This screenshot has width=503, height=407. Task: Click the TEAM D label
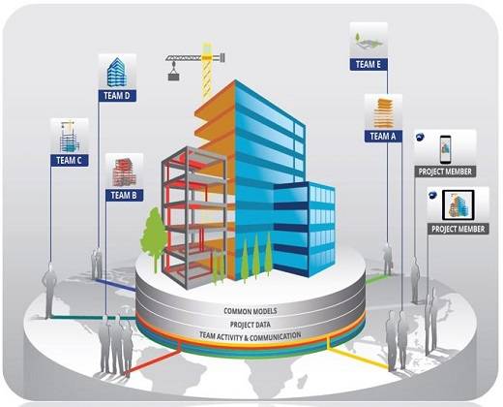point(117,96)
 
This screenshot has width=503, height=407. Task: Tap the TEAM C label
point(70,160)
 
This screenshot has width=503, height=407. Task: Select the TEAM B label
point(124,195)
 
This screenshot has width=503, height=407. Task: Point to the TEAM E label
point(369,64)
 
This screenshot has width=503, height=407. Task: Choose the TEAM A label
point(383,136)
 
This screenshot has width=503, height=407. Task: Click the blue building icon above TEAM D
point(117,73)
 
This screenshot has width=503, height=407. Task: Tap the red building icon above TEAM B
point(124,172)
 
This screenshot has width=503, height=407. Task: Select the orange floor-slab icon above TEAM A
point(383,112)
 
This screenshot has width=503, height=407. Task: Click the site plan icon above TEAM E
point(369,41)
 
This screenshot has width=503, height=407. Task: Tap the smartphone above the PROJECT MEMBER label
point(445,149)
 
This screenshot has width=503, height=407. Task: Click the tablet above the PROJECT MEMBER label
point(458,205)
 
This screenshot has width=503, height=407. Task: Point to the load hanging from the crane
point(173,77)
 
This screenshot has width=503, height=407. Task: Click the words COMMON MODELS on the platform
point(251,311)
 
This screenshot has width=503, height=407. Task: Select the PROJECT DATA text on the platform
point(251,325)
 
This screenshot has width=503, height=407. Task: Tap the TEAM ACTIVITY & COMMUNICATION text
point(251,336)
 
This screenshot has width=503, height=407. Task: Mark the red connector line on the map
point(154,361)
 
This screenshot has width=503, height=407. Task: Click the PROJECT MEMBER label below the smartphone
point(445,172)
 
